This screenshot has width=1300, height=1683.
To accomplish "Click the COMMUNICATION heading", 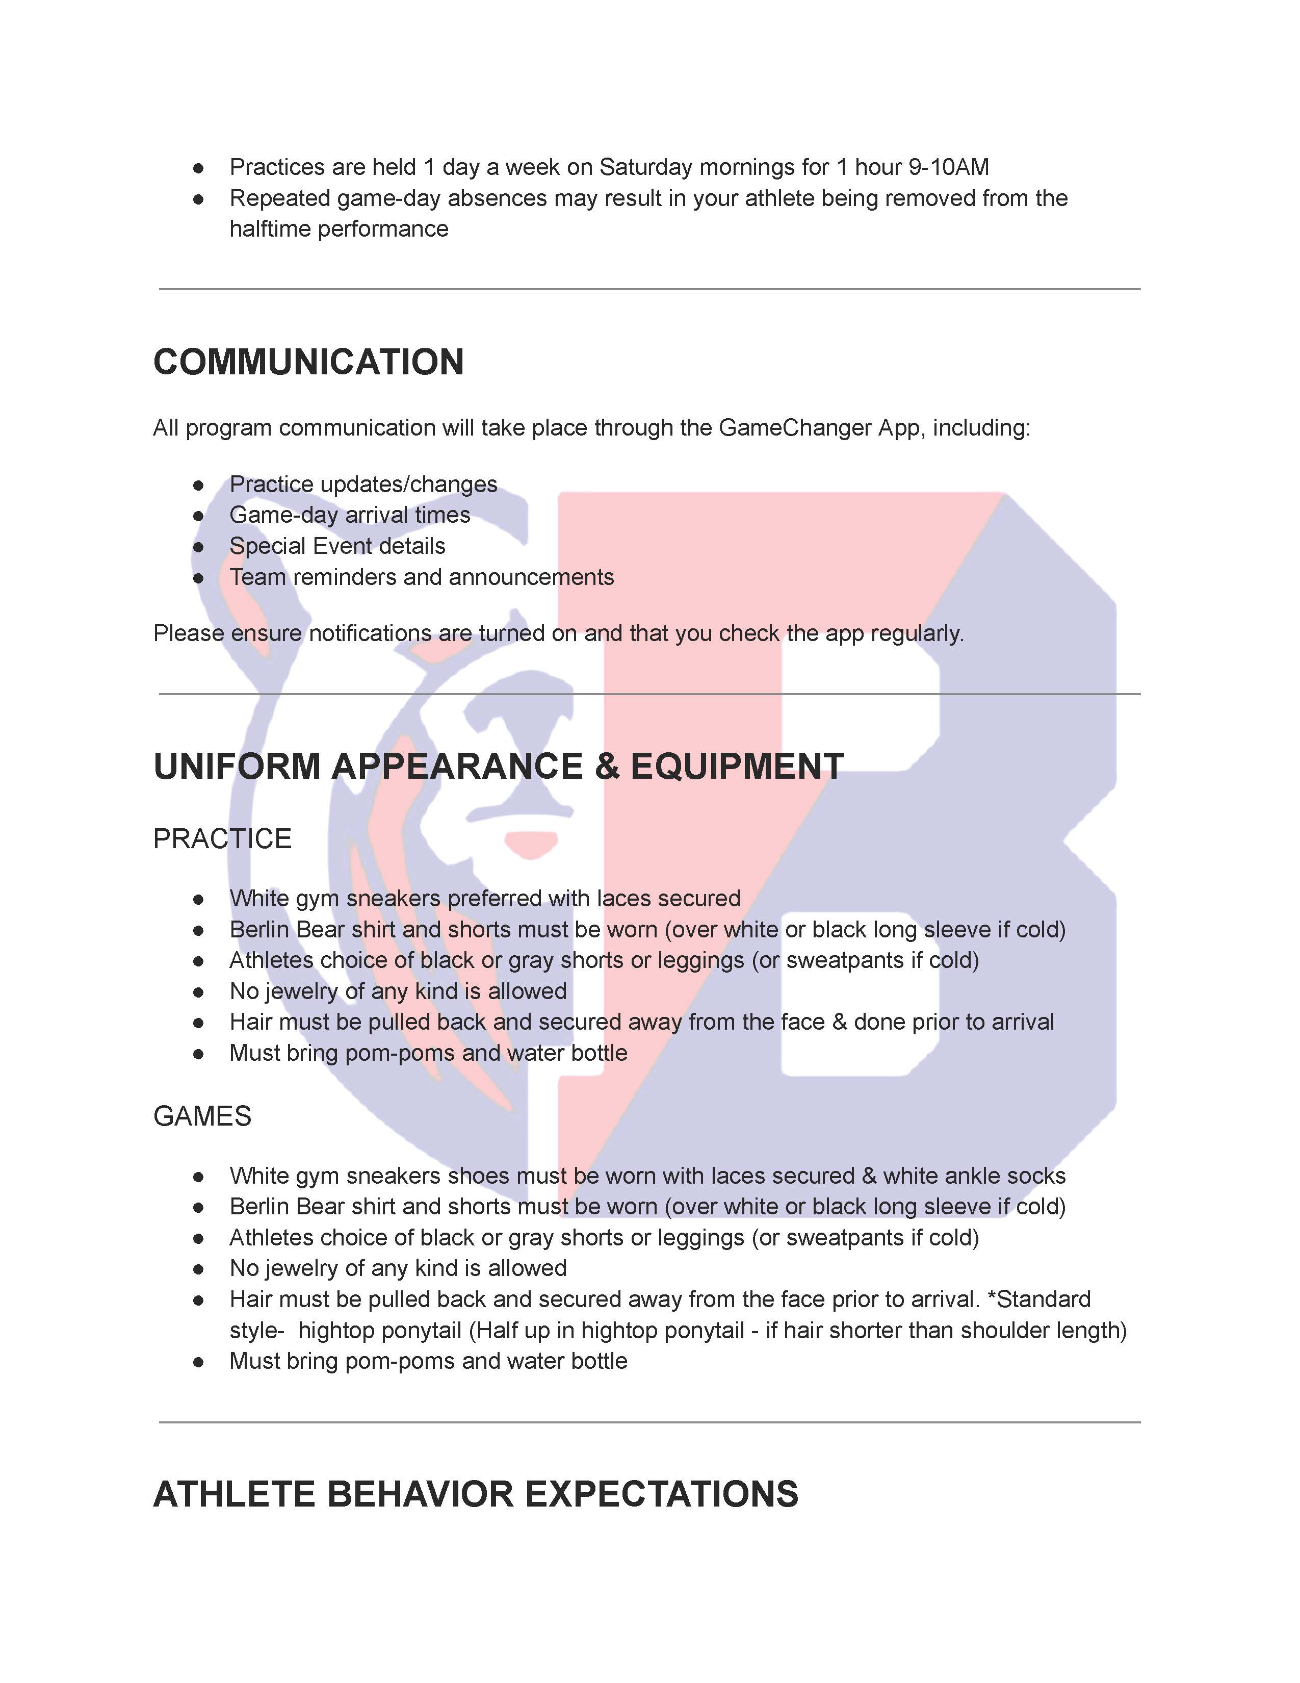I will pos(308,362).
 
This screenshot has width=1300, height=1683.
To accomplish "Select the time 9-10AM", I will pos(948,167).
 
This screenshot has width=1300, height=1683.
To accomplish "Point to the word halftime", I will pos(270,229).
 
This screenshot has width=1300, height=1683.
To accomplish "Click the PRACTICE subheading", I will pos(222,838).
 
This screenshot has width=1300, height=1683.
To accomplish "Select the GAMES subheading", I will pos(202,1116).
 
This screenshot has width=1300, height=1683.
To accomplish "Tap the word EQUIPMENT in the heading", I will pos(737,766).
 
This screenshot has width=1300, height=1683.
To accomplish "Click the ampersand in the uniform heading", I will pos(607,766).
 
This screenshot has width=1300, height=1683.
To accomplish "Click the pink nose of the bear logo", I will pos(531,843).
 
